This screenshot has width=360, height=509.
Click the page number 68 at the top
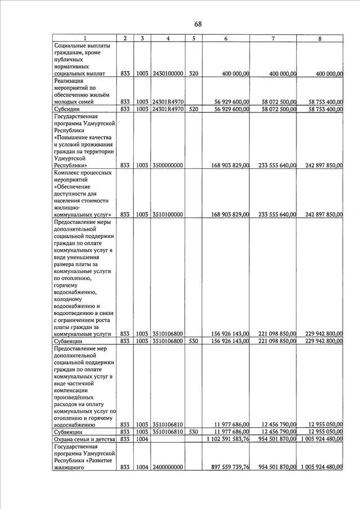198,24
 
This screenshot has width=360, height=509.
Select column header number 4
168,38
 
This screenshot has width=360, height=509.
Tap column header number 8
319,38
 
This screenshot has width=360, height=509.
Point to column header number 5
193,38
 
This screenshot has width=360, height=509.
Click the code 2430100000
168,74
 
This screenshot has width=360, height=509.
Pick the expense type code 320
193,74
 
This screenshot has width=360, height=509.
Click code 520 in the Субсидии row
193,109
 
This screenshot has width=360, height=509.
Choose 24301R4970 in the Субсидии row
168,109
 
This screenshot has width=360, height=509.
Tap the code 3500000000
168,165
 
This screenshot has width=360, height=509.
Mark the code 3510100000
168,214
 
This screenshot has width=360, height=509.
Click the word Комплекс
70,173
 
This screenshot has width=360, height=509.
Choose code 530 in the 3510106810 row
193,431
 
